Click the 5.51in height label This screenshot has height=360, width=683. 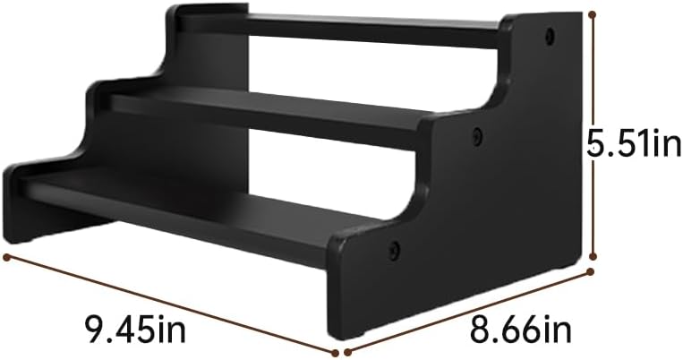633,143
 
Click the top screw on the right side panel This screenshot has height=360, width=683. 550,36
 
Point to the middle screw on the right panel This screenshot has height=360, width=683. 478,136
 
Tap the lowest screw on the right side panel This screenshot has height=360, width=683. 394,250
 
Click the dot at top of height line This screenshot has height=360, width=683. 593,13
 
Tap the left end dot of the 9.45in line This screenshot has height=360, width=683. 7,257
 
